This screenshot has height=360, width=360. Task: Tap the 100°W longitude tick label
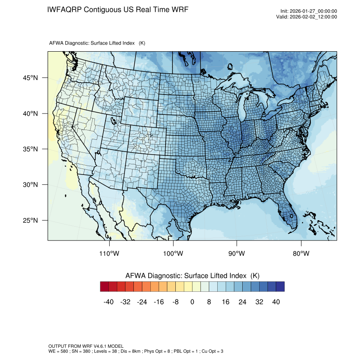[173, 254]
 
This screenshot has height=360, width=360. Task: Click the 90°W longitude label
[237, 254]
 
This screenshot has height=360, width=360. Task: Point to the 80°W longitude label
[301, 254]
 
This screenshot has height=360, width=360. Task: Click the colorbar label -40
[109, 302]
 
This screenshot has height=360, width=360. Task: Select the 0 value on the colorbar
[192, 302]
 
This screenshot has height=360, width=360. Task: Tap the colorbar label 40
[276, 302]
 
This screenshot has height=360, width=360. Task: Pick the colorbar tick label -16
[159, 302]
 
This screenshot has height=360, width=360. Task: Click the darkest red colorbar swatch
[105, 287]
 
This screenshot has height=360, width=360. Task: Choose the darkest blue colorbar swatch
[280, 287]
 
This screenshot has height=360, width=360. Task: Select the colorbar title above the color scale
[192, 276]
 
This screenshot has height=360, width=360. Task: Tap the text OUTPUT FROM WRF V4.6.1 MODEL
[86, 346]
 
